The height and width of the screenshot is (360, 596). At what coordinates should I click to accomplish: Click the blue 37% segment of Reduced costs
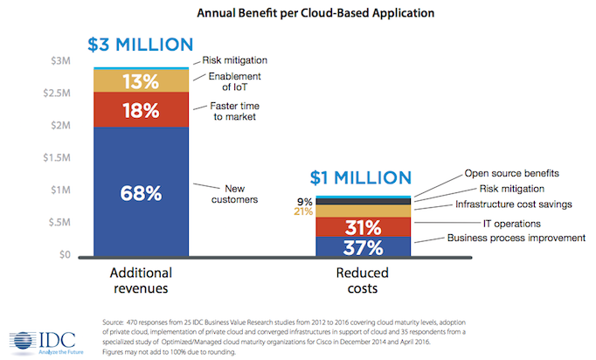point(364,248)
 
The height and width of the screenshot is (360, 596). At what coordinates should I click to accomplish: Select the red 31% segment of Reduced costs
point(364,227)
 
